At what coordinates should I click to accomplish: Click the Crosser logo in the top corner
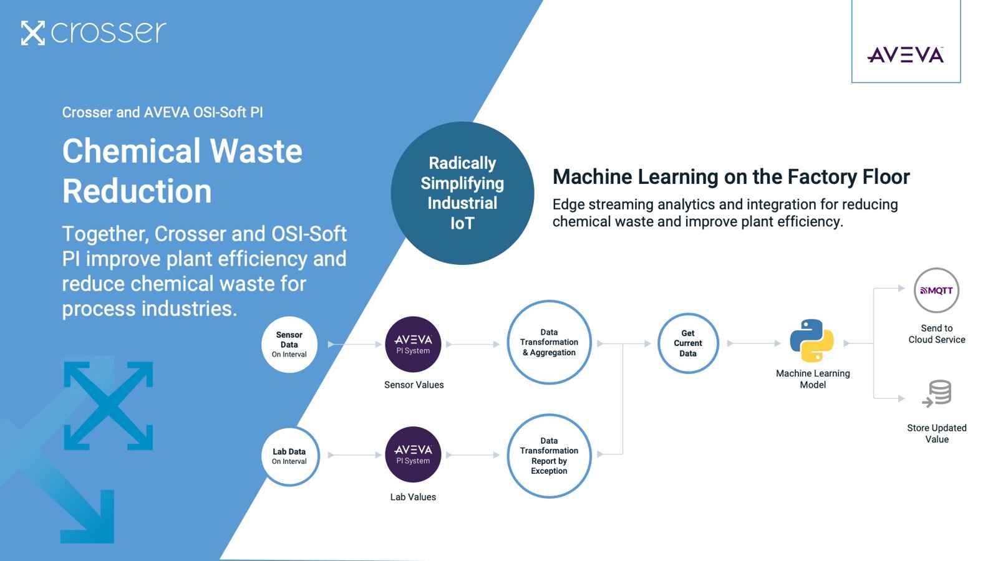[94, 32]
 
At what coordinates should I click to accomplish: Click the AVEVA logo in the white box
[905, 55]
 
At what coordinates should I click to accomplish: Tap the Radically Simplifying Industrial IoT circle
[462, 193]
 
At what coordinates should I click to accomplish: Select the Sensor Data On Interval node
[289, 344]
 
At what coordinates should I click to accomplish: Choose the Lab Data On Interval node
[289, 456]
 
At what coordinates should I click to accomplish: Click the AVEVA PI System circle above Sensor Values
[413, 344]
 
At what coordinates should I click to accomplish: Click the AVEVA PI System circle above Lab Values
[413, 454]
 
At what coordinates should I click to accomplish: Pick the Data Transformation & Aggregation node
[549, 342]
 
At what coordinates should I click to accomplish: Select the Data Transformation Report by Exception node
[549, 456]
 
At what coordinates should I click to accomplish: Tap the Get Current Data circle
[687, 343]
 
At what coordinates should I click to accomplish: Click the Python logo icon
[811, 340]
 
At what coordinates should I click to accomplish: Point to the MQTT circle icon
[936, 290]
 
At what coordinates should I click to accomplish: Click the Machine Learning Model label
[813, 379]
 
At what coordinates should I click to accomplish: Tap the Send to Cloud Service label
[936, 334]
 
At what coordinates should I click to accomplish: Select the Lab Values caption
[413, 497]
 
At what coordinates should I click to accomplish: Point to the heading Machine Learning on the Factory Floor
[731, 177]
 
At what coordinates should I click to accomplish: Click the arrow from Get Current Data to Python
[753, 343]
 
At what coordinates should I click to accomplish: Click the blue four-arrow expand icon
[109, 405]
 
